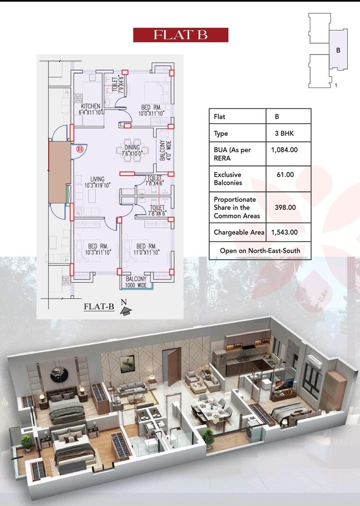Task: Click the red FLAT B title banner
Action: point(180,35)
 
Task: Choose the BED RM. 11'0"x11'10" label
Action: point(146,249)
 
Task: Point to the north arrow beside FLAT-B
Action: point(126,310)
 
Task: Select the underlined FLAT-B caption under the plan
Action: point(99,307)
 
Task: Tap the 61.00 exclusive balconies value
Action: point(285,175)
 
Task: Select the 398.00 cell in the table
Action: point(285,208)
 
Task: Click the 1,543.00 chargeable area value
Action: point(284,232)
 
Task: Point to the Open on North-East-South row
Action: point(260,251)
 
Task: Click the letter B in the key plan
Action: point(338,50)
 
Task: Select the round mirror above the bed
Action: point(58,373)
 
